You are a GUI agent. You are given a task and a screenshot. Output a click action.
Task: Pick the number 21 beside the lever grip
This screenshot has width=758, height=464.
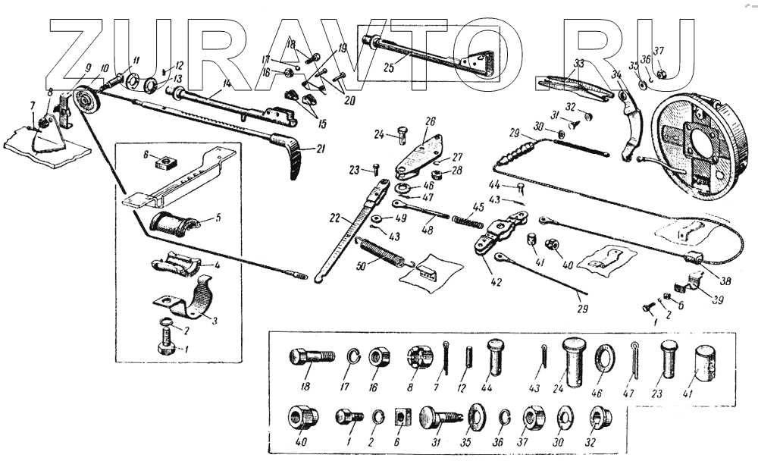point(321,149)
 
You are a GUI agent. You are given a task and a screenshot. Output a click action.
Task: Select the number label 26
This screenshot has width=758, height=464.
point(430,121)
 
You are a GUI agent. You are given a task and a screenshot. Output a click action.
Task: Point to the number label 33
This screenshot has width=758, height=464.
point(579,63)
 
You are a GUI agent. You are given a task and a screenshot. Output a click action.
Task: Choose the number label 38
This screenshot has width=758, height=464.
point(725,281)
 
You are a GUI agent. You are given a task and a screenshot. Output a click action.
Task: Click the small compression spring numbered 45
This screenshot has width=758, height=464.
point(468,219)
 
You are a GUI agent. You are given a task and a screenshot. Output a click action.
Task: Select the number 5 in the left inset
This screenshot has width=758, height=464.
point(218,217)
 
